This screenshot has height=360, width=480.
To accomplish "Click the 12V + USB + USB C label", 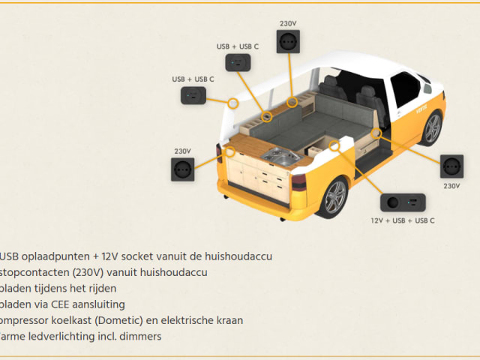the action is coord(403,220).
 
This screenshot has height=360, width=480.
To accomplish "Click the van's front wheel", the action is coord(432,128).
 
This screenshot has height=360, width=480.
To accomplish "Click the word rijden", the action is coord(100,288).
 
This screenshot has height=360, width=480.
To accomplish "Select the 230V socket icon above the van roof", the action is coord(287,43).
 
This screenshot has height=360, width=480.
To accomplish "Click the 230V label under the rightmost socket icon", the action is coord(451,185).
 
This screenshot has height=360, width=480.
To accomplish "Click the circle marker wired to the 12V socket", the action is coord(335,145).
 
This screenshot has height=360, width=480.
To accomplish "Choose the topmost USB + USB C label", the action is coord(238,46).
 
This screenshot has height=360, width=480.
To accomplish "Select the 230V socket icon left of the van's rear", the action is coord(183,172).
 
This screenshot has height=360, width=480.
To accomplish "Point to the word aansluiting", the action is coord(100,304).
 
